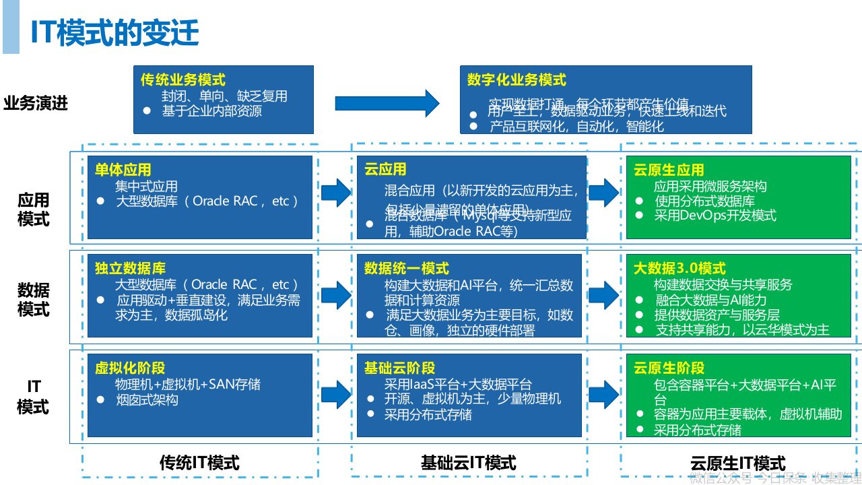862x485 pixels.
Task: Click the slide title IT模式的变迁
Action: (114, 33)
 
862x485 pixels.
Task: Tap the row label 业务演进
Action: (36, 104)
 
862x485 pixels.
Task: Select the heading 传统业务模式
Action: (183, 79)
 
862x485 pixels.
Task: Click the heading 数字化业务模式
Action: (517, 79)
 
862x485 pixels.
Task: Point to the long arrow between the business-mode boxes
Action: (387, 103)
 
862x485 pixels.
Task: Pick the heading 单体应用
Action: (123, 170)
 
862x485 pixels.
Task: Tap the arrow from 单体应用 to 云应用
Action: (335, 193)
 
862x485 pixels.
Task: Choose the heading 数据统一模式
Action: (406, 269)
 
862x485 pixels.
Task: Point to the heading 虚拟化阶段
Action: (129, 368)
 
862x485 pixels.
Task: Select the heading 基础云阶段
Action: (399, 368)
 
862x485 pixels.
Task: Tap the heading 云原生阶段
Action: (669, 368)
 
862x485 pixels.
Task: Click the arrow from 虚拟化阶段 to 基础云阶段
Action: (335, 394)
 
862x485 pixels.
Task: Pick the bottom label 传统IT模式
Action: (199, 462)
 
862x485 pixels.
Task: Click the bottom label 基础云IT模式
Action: (468, 462)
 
